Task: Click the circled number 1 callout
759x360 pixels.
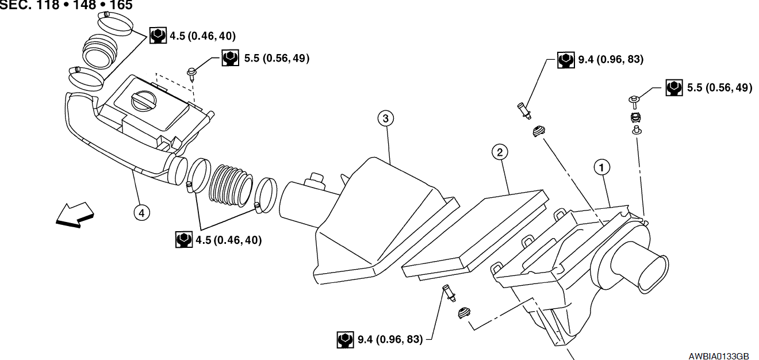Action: [602, 168]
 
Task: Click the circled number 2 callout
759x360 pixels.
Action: [500, 152]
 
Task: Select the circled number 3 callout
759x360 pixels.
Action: [386, 118]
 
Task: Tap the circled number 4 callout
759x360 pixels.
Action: [141, 213]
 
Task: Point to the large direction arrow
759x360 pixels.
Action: [75, 215]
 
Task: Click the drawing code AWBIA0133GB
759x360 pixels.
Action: [718, 357]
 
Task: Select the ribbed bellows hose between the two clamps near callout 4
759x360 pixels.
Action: [231, 185]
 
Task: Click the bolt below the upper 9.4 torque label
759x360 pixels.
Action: [524, 111]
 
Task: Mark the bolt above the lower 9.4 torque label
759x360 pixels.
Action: [449, 293]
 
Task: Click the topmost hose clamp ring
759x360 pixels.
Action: [115, 24]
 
